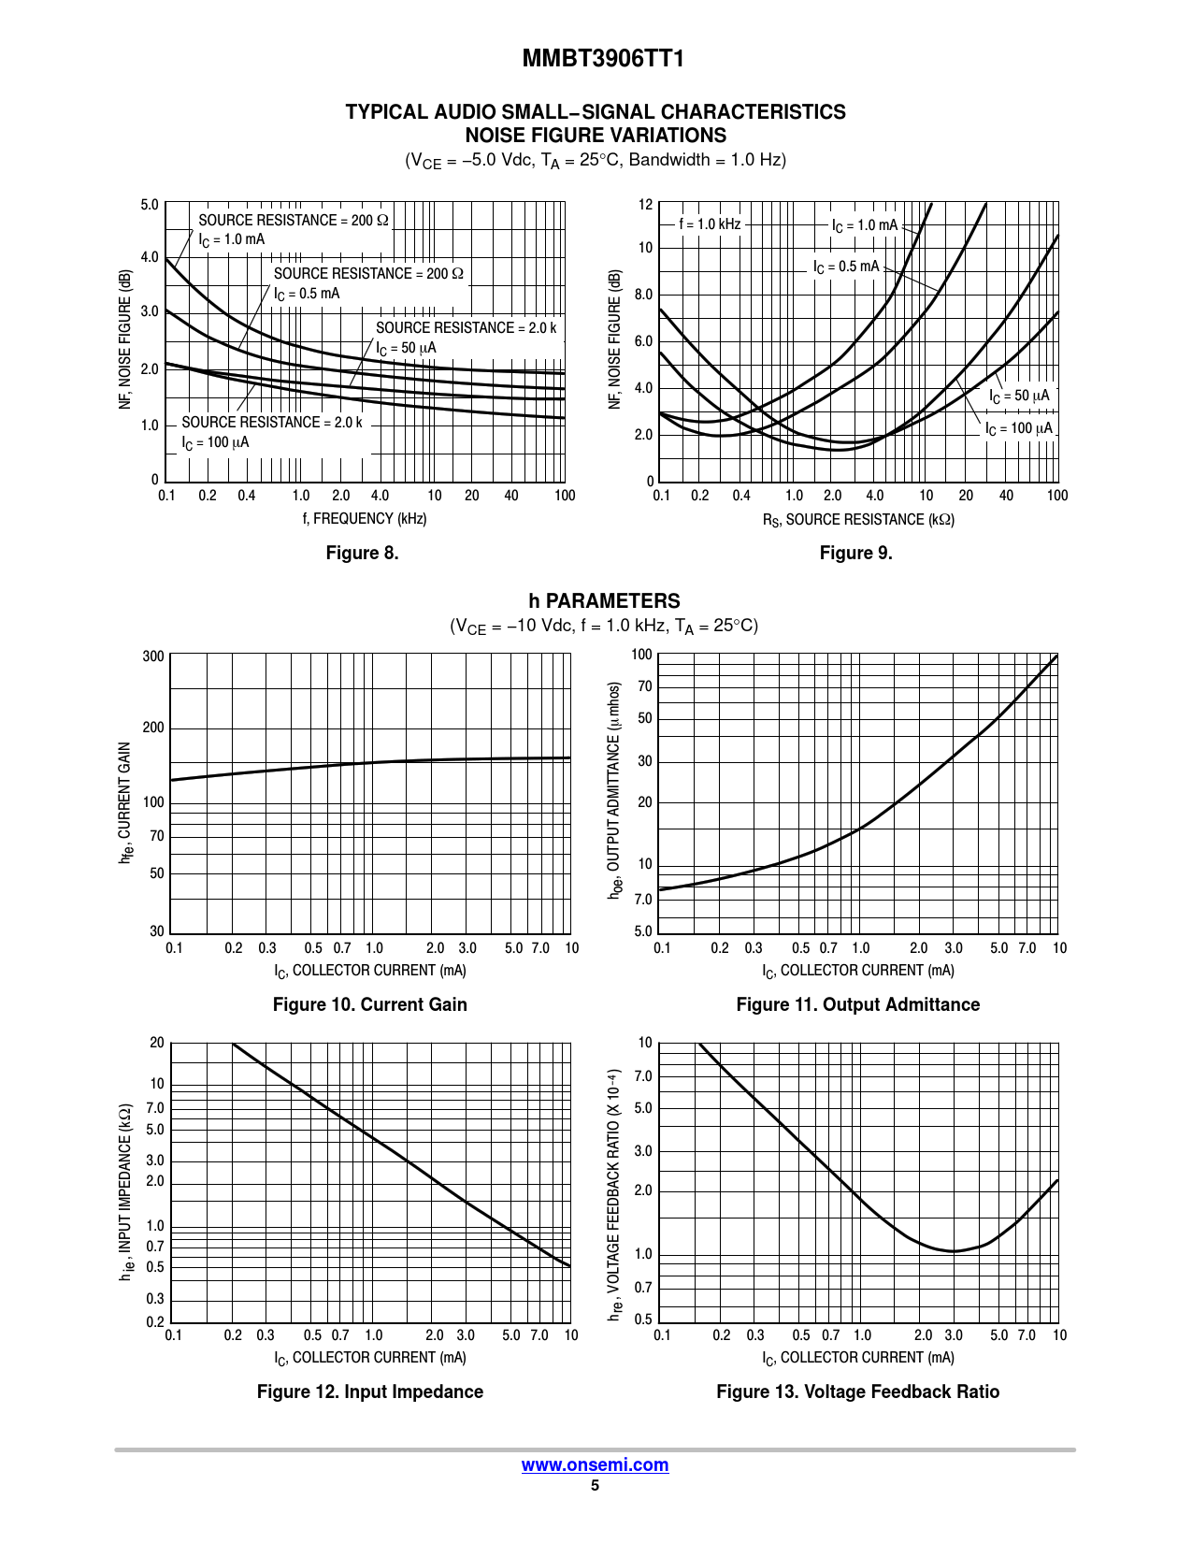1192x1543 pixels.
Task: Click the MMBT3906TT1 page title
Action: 603,59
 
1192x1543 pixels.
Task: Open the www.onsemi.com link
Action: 595,1464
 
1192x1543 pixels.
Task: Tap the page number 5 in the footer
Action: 595,1486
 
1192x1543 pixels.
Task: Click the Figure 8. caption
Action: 362,553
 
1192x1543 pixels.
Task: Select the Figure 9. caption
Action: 855,553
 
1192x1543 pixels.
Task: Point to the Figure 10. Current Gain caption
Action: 369,1004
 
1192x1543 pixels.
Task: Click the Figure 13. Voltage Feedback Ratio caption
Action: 857,1392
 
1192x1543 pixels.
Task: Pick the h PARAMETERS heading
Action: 604,601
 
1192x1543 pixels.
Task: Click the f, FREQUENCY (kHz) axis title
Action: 365,519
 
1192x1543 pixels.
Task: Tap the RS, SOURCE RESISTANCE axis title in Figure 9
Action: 858,520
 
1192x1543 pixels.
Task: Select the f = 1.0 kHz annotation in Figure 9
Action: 710,224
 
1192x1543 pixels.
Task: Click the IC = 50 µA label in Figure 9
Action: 1019,397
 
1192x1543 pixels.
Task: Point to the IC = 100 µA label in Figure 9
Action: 1018,429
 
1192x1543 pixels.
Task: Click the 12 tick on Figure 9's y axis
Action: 645,205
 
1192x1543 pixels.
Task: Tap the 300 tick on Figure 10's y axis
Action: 153,656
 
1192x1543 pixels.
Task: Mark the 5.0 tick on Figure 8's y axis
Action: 150,205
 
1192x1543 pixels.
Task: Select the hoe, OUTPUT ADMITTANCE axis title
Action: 614,791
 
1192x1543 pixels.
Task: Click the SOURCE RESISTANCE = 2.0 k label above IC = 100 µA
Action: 271,423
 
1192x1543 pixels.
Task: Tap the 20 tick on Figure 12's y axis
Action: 156,1043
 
